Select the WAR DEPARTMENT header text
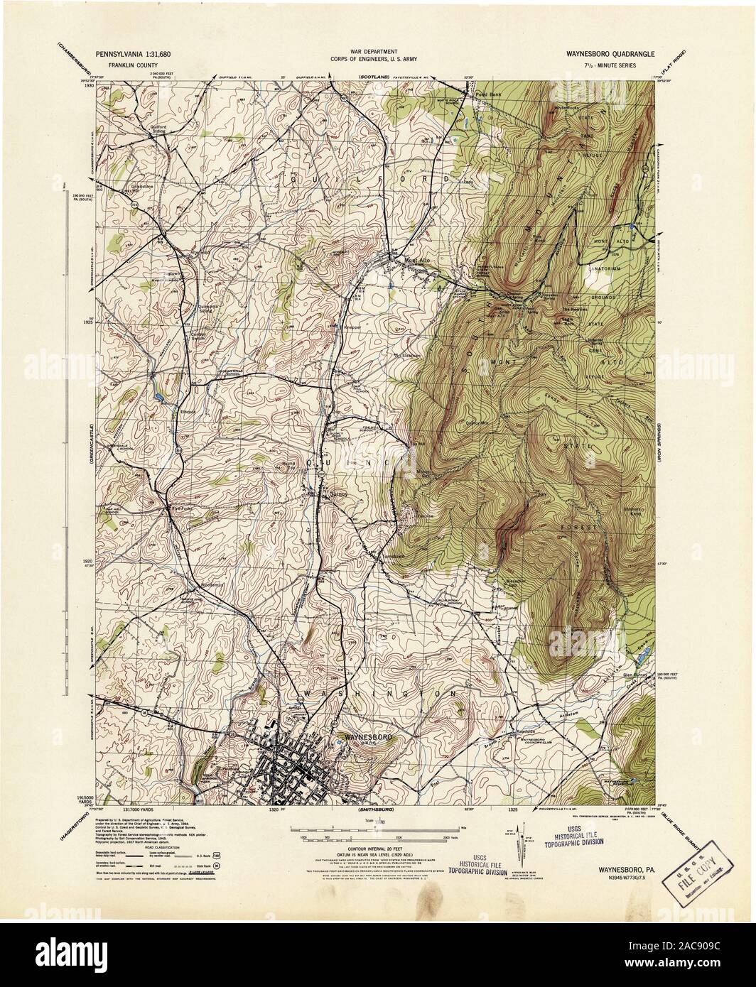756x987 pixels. pos(377,52)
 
